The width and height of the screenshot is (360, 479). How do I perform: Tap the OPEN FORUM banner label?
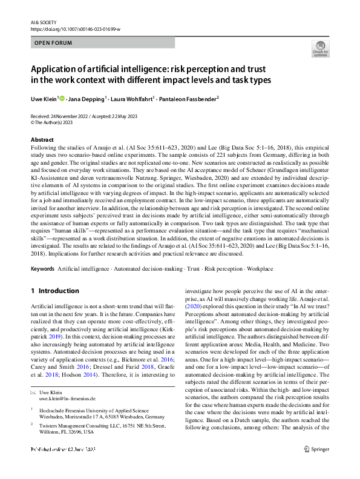[53, 43]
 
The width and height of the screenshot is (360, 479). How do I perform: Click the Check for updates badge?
[320, 48]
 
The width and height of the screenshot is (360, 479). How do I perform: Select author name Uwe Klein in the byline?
[44, 98]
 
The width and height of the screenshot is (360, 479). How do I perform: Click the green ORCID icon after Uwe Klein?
[62, 98]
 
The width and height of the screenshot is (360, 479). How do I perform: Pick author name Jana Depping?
[88, 98]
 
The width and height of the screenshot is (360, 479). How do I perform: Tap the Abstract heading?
[42, 140]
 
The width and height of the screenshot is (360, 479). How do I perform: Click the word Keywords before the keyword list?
[44, 268]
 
